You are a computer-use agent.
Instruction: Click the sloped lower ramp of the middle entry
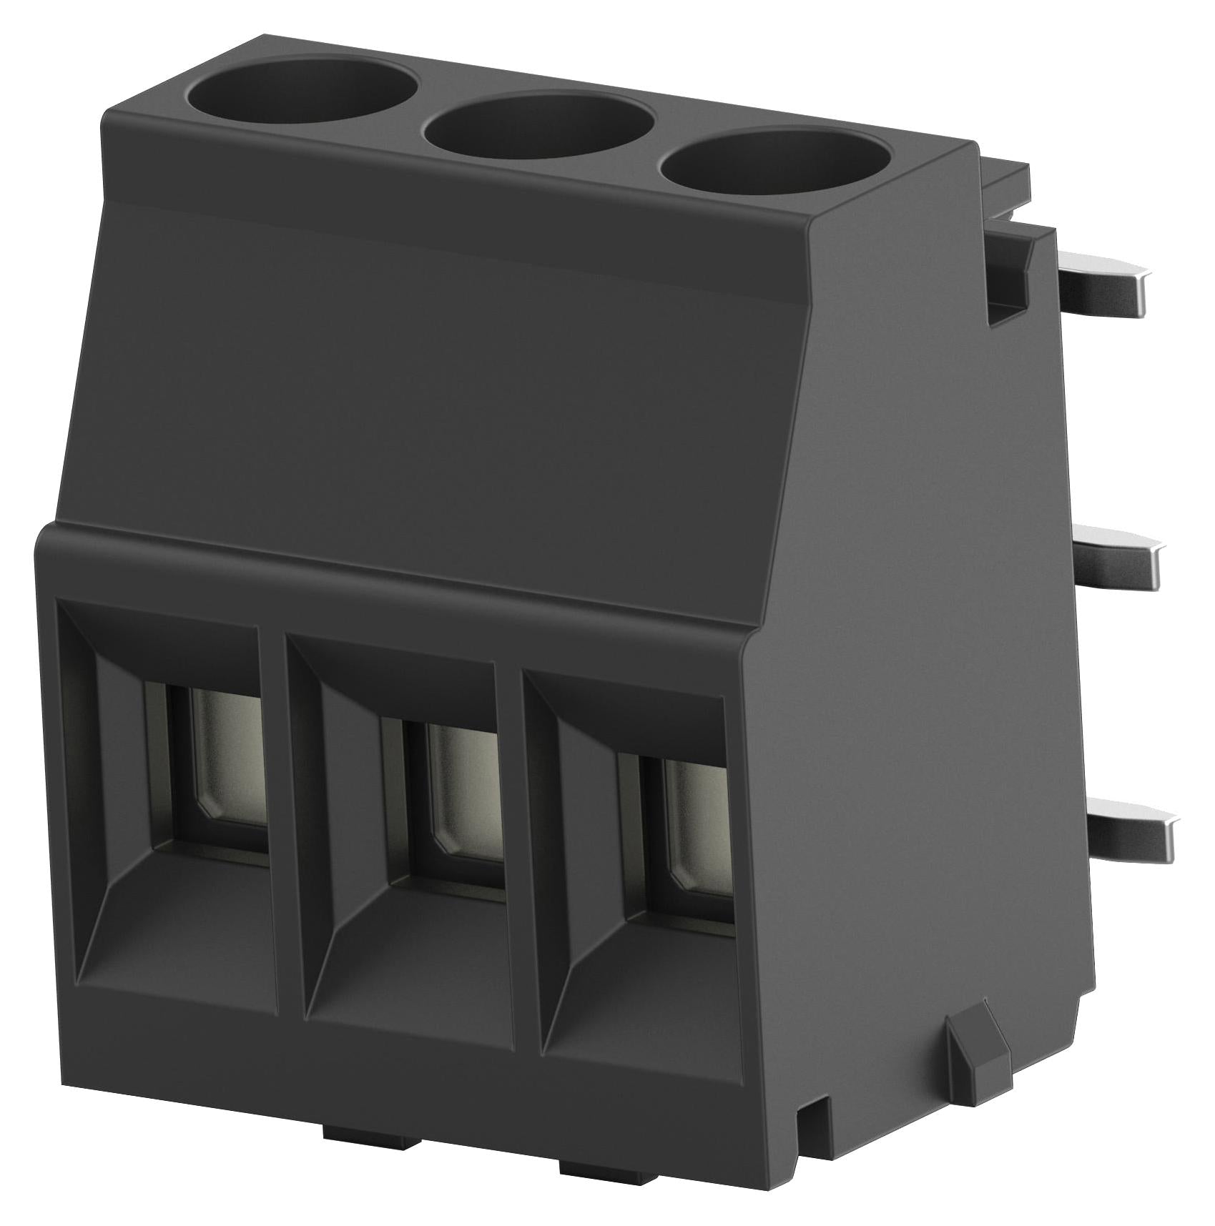point(411,979)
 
